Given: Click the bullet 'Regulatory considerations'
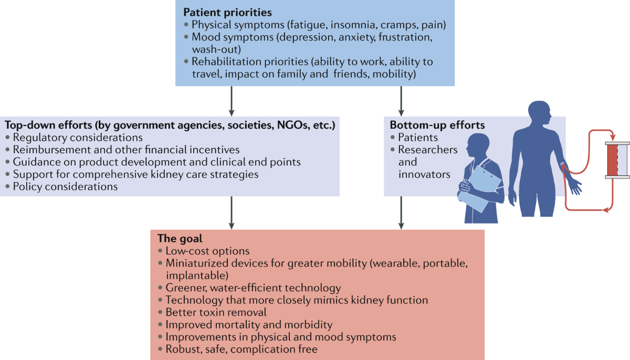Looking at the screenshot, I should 78,138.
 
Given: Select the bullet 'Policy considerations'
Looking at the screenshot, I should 65,186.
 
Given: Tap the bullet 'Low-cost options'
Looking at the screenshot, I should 207,251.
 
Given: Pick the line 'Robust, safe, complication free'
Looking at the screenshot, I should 241,349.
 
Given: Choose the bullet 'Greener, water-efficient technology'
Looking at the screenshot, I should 253,288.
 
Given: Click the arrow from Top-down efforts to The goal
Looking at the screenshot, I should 232,213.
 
